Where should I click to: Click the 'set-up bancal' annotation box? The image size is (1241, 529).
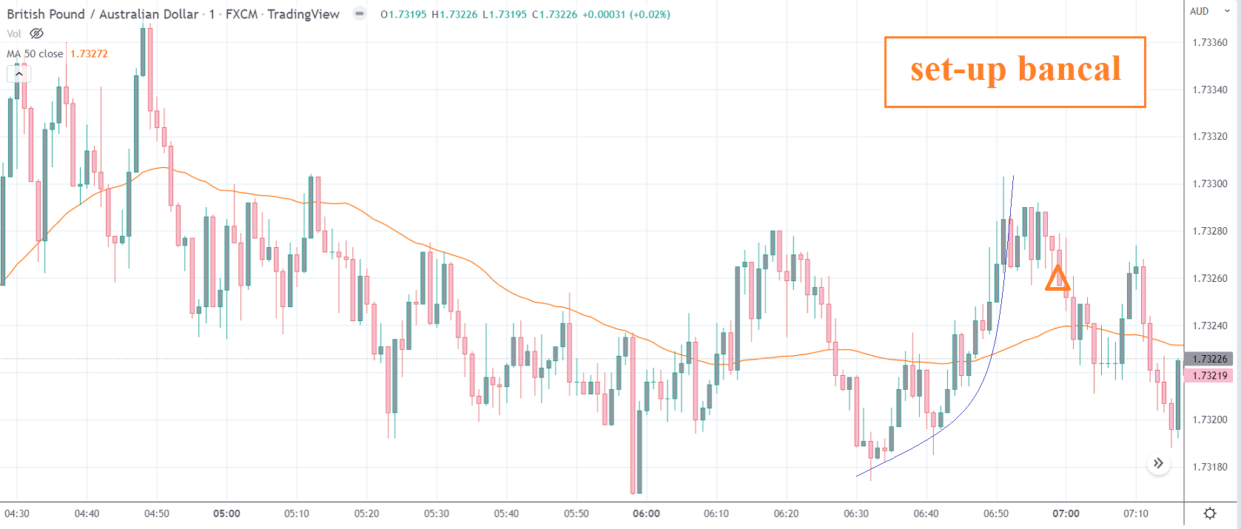click(1015, 72)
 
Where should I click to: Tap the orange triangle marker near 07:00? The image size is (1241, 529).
click(1057, 278)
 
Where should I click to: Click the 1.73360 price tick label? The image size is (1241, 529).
click(1210, 42)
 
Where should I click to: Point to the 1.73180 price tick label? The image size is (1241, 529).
click(1210, 467)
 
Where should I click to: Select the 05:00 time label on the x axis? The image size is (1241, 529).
click(226, 513)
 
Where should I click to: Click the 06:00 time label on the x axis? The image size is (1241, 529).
click(646, 513)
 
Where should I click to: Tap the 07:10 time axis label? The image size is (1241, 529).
click(1136, 513)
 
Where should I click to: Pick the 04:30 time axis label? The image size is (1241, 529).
click(17, 513)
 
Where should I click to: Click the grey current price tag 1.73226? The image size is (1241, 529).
click(1210, 359)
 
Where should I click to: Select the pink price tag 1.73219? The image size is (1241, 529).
click(1210, 375)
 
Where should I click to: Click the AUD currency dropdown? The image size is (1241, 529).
click(1209, 11)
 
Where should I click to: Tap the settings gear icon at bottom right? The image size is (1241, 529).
click(1210, 513)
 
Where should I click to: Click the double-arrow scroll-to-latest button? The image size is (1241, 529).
click(1158, 464)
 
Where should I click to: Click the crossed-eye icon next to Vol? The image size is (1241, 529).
click(36, 33)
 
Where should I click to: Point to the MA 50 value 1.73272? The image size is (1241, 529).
click(89, 54)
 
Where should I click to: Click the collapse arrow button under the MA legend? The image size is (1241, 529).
click(19, 74)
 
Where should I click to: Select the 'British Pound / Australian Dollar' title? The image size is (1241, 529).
click(103, 14)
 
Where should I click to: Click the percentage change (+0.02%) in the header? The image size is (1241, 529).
click(650, 14)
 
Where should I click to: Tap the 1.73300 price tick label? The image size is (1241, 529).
click(1210, 183)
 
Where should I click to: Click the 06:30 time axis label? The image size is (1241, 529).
click(856, 513)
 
